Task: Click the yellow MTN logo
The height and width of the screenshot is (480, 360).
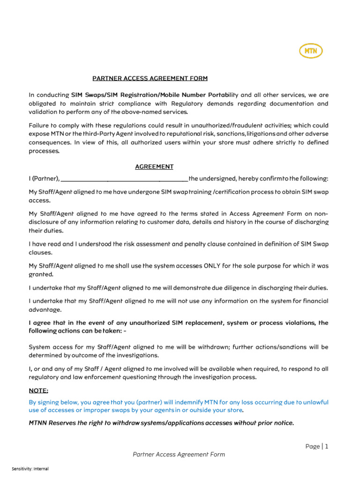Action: click(x=310, y=51)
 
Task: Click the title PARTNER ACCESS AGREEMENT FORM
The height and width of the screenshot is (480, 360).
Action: click(x=150, y=78)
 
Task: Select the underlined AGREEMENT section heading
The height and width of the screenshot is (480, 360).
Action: click(x=154, y=166)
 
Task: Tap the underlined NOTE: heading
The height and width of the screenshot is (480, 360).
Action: click(x=38, y=390)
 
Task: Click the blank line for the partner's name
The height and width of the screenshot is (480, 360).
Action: click(x=124, y=179)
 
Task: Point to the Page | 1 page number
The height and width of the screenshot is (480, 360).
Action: click(x=317, y=446)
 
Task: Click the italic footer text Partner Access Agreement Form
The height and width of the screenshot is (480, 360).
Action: click(x=179, y=454)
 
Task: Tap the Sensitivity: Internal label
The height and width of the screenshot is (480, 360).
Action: click(x=30, y=469)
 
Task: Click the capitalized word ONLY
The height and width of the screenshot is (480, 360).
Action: click(x=215, y=266)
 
